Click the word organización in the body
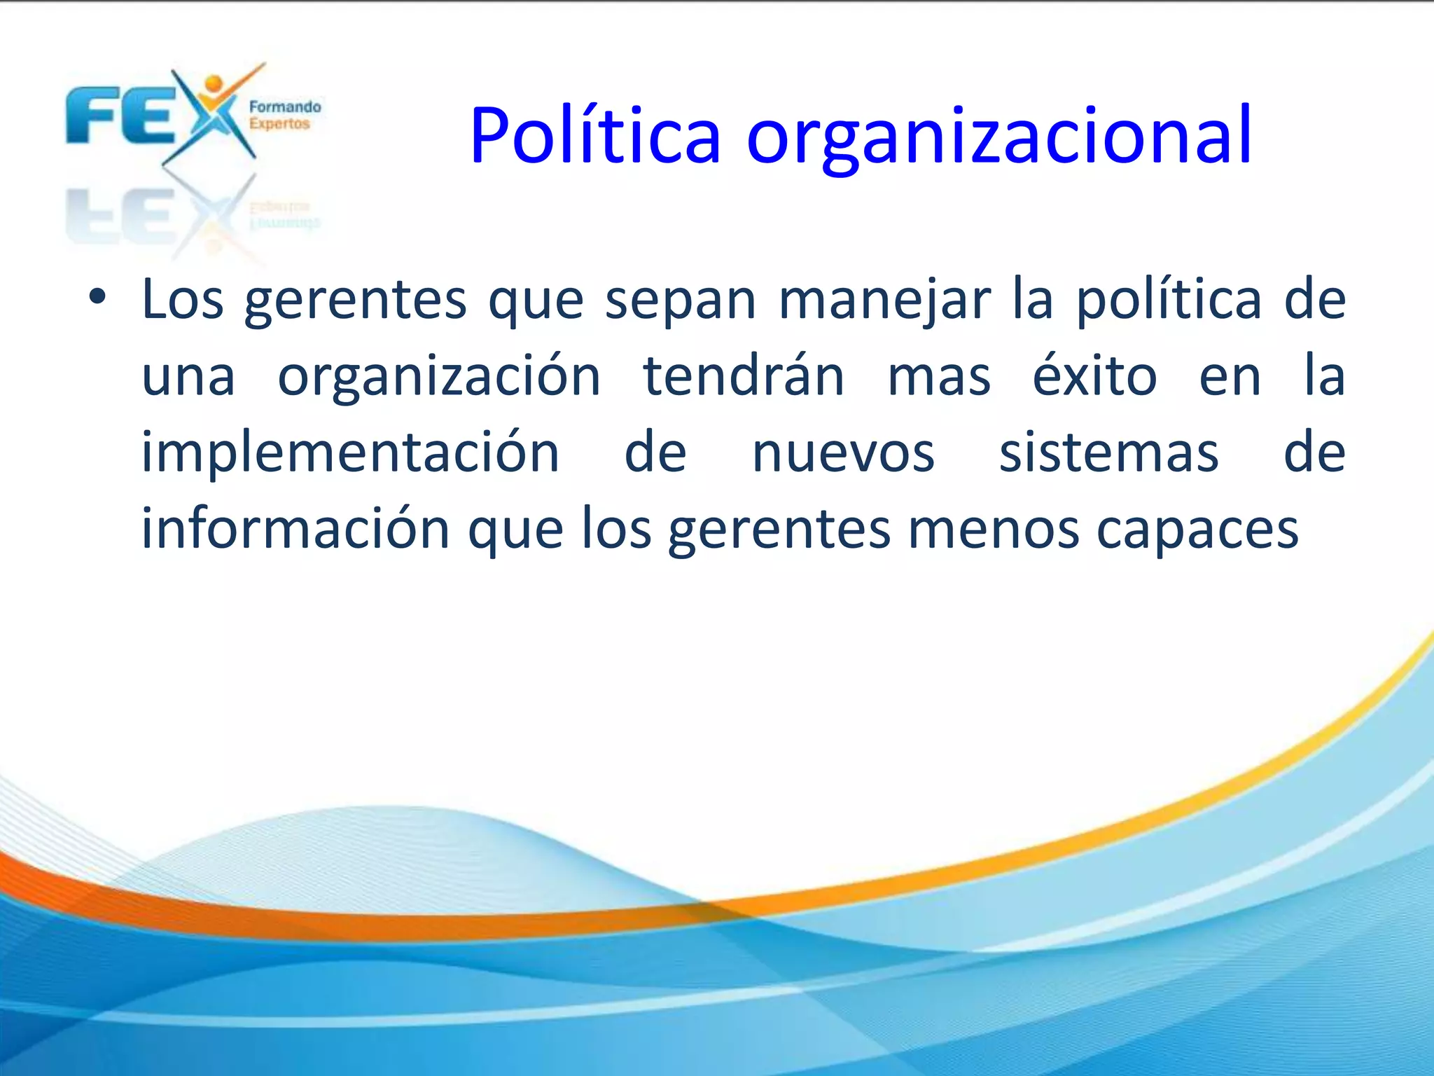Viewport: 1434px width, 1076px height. coord(439,376)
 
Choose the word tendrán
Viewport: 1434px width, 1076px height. coord(744,376)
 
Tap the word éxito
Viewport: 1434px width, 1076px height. coord(1094,376)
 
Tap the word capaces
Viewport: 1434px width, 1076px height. coord(1197,531)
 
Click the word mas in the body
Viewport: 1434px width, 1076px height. coord(939,378)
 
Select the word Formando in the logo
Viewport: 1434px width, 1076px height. coord(285,107)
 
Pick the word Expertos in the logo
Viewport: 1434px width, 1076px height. coord(279,124)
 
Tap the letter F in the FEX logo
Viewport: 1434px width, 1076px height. coord(90,116)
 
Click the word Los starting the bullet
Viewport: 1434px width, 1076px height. coord(183,300)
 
